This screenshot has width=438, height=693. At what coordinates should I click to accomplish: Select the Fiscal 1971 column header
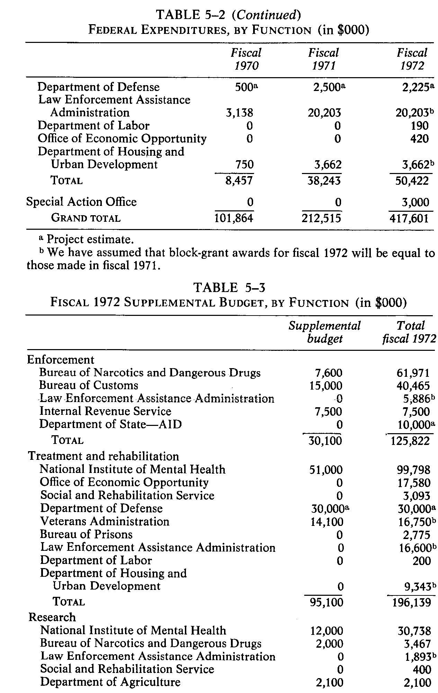(x=323, y=59)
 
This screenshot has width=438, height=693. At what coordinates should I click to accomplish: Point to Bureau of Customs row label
(x=88, y=385)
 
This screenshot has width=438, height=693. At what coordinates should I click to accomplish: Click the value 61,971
(x=411, y=373)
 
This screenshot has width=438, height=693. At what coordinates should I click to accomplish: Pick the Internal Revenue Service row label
(x=105, y=411)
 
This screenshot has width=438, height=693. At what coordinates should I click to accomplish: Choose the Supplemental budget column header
(x=324, y=332)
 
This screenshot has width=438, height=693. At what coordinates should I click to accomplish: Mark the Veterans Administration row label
(x=105, y=521)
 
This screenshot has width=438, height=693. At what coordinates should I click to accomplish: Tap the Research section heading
(x=52, y=617)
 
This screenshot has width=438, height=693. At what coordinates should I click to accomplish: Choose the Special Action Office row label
(x=81, y=202)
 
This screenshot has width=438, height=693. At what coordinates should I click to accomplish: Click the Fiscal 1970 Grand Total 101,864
(x=234, y=218)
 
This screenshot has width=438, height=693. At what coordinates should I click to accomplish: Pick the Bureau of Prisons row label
(x=86, y=535)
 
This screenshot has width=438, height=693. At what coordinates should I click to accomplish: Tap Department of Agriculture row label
(x=110, y=682)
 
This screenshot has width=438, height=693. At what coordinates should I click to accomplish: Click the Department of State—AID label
(x=110, y=424)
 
